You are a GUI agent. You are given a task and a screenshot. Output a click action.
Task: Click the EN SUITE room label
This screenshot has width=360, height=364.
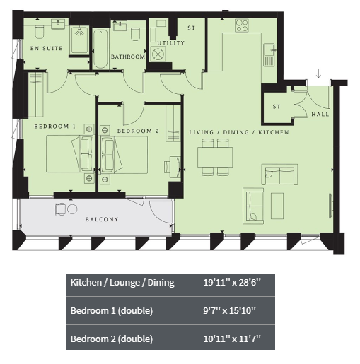47,49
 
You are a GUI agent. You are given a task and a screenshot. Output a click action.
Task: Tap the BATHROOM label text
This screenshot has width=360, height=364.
128,57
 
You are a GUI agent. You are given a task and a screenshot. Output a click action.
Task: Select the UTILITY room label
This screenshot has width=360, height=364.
171,43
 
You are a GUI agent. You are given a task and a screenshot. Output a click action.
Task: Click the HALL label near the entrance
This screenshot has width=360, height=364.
320,115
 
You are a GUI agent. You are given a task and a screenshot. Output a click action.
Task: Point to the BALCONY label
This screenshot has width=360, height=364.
102,219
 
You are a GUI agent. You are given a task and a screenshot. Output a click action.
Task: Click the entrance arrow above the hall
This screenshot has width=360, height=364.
318,74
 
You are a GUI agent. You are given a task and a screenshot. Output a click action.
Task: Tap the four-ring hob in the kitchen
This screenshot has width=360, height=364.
242,25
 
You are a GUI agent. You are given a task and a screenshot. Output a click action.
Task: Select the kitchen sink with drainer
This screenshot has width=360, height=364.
269,54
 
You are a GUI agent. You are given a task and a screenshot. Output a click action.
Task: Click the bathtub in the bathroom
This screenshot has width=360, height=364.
100,49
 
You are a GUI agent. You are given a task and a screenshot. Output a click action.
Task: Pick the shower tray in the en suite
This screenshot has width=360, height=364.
80,40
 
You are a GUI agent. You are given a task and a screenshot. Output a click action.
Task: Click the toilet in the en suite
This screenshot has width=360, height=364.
40,32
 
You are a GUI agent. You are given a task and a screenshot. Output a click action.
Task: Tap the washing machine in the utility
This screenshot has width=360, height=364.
158,54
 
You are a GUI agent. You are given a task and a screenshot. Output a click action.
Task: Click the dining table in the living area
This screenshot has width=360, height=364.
215,157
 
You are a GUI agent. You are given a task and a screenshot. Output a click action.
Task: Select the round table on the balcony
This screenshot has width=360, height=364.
72,209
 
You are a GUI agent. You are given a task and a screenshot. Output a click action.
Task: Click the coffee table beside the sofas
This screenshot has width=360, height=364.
277,206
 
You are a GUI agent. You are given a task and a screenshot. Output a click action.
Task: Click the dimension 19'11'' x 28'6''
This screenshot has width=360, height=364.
232,282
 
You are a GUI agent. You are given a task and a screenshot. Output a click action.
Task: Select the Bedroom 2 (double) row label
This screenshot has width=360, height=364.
112,339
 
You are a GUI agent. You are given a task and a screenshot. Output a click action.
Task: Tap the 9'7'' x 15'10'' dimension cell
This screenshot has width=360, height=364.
229,310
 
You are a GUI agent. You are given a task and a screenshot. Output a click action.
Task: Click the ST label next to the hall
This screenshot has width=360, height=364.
277,107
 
